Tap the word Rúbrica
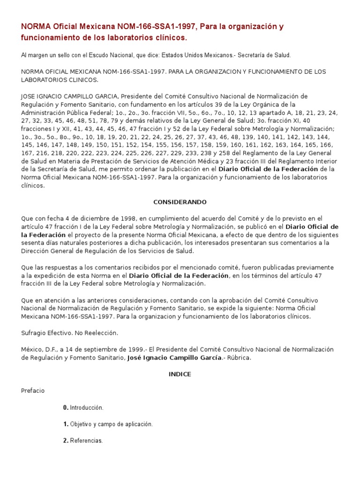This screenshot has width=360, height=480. tap(240, 358)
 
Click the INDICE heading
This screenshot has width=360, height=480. tap(180, 374)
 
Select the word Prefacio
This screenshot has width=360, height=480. tap(33, 390)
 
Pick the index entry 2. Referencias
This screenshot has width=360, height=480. tap(82, 441)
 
